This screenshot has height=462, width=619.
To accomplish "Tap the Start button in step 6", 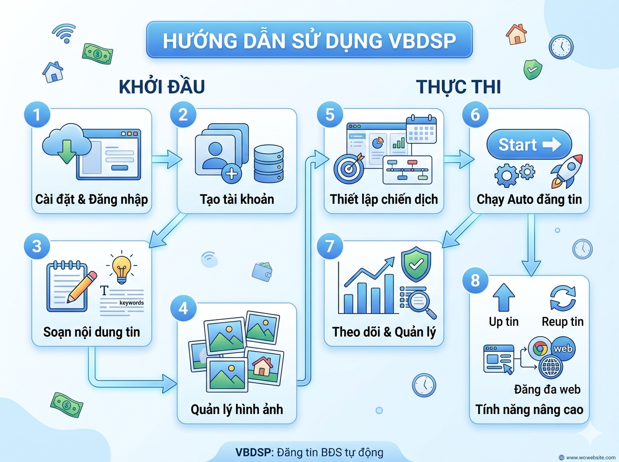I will (529, 144).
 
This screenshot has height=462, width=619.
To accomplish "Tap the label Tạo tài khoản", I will (237, 199).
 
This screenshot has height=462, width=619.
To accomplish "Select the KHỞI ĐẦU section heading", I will (162, 87).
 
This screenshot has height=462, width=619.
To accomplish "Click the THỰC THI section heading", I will (459, 87).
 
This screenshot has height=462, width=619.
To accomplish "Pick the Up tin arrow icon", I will (503, 297).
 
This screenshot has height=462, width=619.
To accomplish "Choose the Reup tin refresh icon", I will (562, 298).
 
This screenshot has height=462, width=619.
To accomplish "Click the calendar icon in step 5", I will (421, 129).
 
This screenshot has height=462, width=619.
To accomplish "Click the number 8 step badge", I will (476, 282).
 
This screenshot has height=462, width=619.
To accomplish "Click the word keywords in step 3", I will (132, 303).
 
